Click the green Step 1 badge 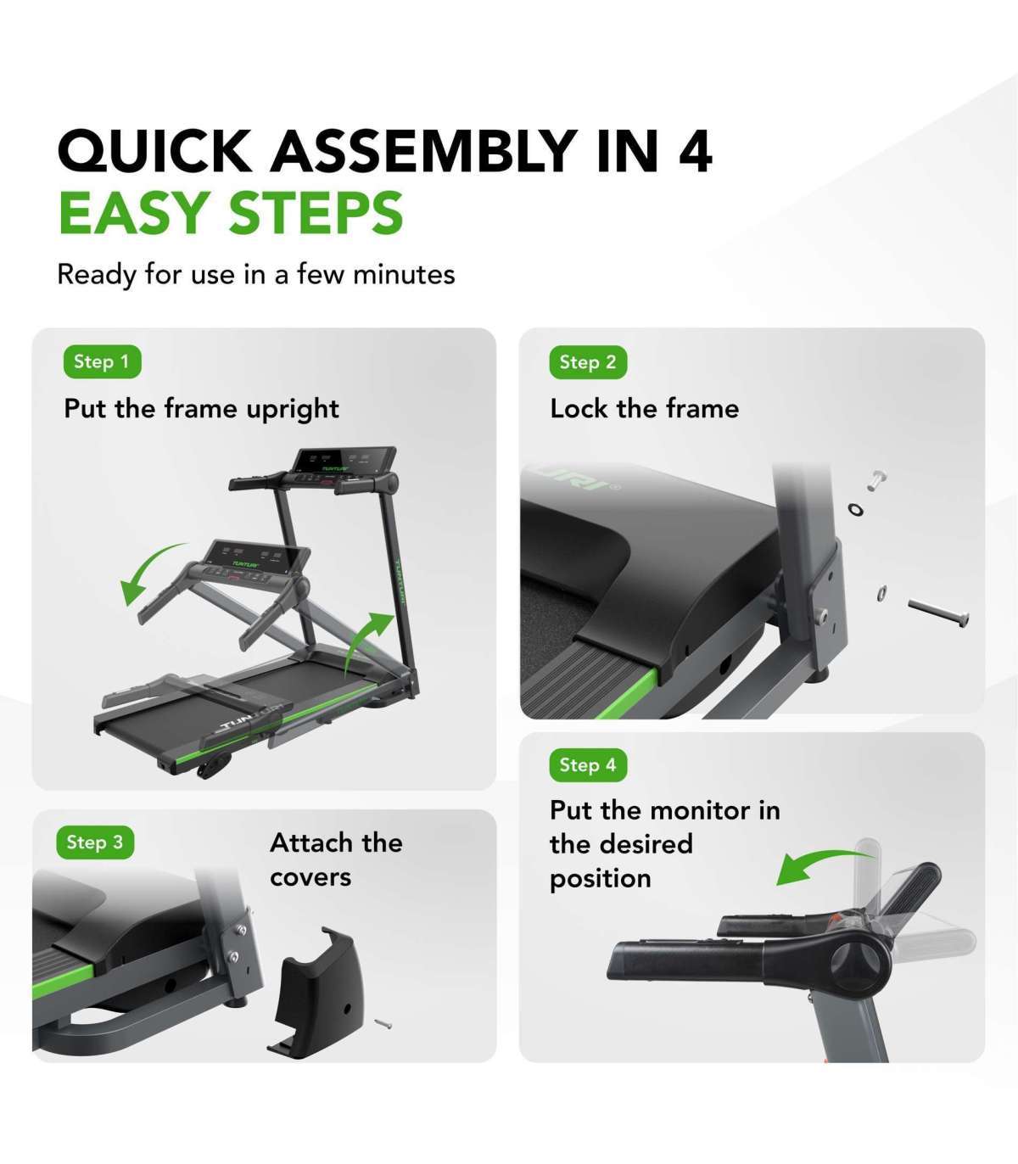coord(103,361)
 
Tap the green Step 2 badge coord(588,362)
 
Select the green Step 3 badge coord(95,842)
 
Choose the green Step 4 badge coord(588,764)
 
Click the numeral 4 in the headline coord(695,151)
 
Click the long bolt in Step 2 coord(938,613)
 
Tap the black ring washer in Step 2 coord(855,508)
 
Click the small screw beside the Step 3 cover coord(383,1023)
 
